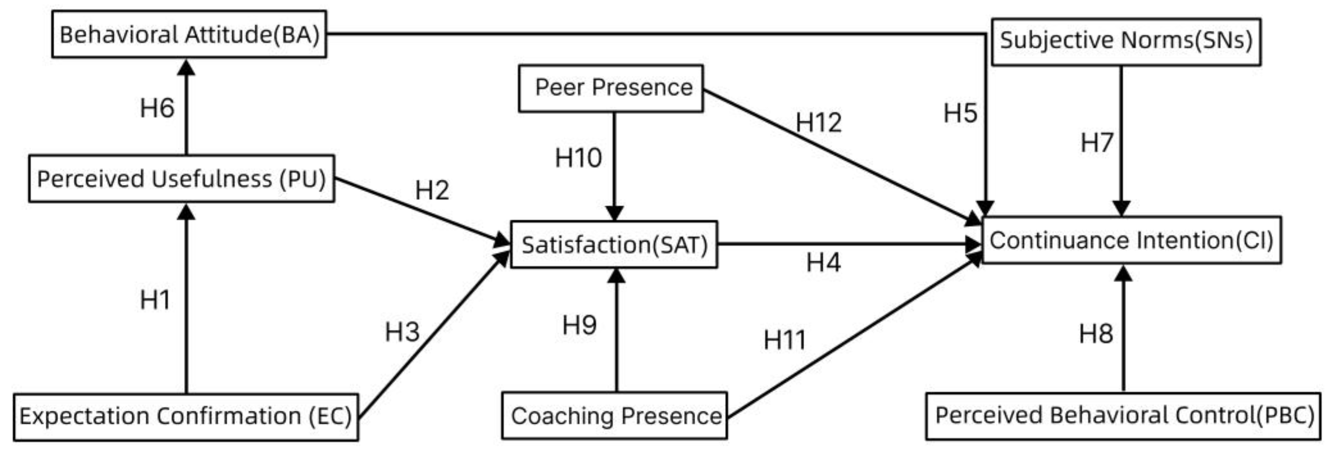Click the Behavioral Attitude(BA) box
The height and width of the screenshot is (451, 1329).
pos(189,35)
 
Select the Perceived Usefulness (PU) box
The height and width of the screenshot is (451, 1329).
pos(181,179)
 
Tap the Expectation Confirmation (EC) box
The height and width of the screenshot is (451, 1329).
pos(186,416)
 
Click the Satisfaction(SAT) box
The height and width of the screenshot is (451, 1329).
pos(614,245)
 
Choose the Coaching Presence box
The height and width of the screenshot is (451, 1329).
pos(615,416)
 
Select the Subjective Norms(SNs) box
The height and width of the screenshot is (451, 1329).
pos(1126,41)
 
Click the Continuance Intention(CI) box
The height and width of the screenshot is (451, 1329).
pos(1131,240)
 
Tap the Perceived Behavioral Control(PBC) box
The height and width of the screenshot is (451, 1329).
pos(1123,416)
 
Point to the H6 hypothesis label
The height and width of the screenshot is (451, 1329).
pos(157,108)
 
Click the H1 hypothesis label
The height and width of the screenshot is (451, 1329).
pos(155,300)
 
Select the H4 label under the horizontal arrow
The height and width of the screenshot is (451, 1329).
pos(823,263)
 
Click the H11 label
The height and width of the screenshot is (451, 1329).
pos(784,340)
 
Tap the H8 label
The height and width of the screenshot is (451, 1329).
pos(1096,334)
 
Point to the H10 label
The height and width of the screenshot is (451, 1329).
pos(578,158)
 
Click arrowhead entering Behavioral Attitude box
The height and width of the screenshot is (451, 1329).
pos(186,67)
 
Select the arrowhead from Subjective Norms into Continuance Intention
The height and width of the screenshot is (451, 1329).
pos(1121,208)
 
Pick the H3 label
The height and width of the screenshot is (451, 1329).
pos(402,332)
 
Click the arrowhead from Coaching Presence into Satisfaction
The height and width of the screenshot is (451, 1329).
pos(616,276)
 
